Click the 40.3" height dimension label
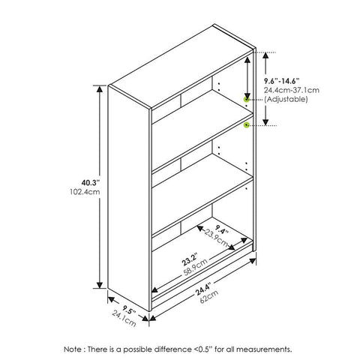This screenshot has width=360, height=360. [91, 183]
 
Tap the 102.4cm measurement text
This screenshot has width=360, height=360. [85, 192]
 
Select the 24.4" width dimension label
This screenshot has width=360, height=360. [203, 289]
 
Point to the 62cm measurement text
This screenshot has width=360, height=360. [209, 296]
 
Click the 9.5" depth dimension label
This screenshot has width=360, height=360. [129, 310]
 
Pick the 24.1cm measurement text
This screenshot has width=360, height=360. [124, 318]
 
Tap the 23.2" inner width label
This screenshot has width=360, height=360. [190, 259]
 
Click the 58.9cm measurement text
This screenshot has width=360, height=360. [196, 267]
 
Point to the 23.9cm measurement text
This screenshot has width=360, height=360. [217, 238]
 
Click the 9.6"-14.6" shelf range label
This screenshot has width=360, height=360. [282, 81]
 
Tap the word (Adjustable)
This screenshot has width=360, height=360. [286, 99]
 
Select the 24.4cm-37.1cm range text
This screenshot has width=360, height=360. [292, 90]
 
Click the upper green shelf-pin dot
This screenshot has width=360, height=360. [247, 100]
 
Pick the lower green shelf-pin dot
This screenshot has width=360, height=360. [247, 124]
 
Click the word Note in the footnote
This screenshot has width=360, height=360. [73, 349]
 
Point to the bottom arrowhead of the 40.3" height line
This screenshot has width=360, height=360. [100, 285]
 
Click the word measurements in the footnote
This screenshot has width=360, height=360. [264, 349]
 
